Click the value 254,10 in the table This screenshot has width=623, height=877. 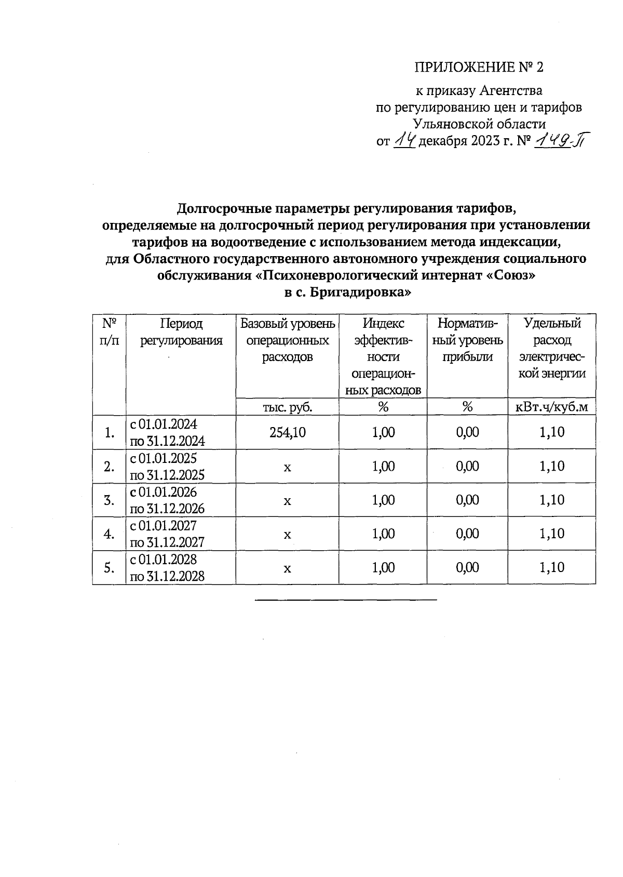coord(287,432)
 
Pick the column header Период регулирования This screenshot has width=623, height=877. coord(181,332)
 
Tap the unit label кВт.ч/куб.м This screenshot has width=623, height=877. coord(551,407)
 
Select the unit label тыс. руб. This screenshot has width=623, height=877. coord(287,407)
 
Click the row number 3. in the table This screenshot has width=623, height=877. coord(109,500)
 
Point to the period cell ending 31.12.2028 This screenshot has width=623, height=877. coord(167,568)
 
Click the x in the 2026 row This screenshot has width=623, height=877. coord(287,500)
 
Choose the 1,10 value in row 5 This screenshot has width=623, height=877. coord(551,568)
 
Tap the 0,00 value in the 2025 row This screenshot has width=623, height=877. coord(467,467)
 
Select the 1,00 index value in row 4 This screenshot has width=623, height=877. coord(383,534)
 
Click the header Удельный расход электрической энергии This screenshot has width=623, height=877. coord(551,349)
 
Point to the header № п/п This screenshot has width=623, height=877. coord(109,332)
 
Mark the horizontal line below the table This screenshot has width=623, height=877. coord(346,600)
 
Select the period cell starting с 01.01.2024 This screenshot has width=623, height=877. coord(167,432)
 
